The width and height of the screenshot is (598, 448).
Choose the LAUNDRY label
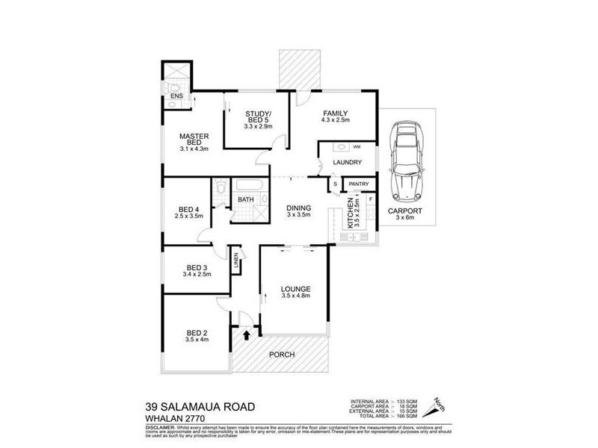pyautogui.click(x=347, y=162)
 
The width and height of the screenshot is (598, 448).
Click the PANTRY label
pyautogui.click(x=359, y=184)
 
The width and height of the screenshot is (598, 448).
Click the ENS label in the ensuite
pyautogui.click(x=176, y=96)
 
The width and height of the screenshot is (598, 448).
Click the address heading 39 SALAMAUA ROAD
pyautogui.click(x=196, y=407)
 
